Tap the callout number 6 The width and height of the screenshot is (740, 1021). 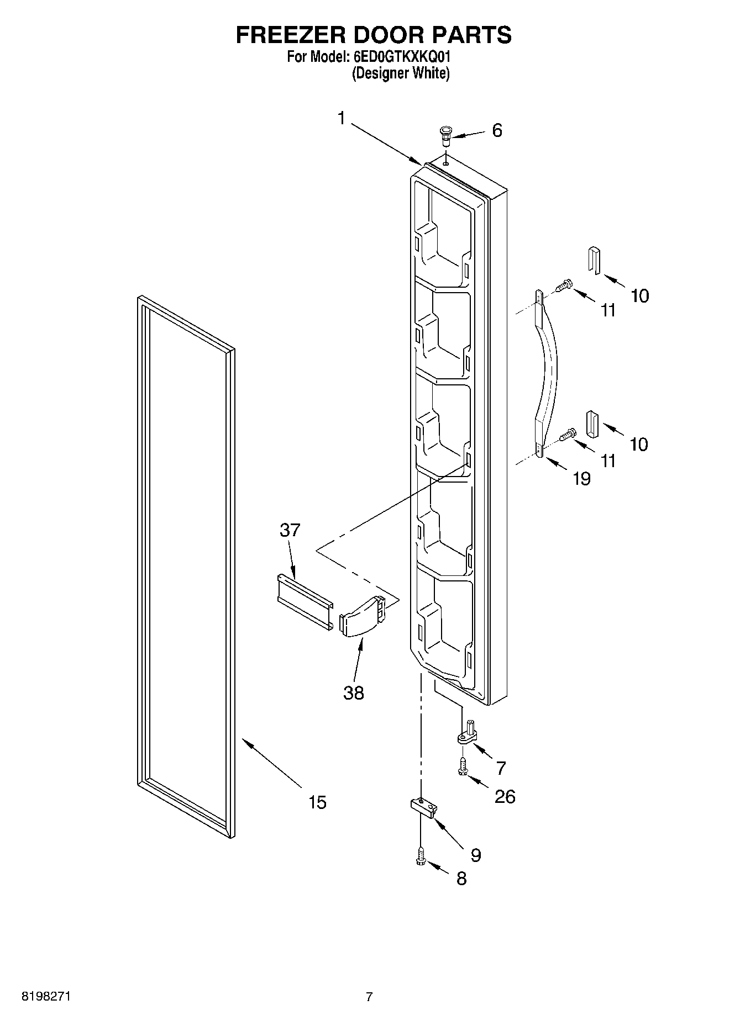point(497,131)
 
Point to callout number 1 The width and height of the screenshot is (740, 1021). point(342,118)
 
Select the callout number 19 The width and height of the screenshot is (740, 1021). point(581,478)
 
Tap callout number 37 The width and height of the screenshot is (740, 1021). point(290,530)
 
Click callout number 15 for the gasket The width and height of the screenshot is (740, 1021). point(317,802)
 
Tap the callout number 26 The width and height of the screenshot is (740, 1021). point(505,796)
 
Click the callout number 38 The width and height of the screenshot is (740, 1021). point(354,692)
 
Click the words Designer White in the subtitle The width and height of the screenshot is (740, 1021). point(401,73)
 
